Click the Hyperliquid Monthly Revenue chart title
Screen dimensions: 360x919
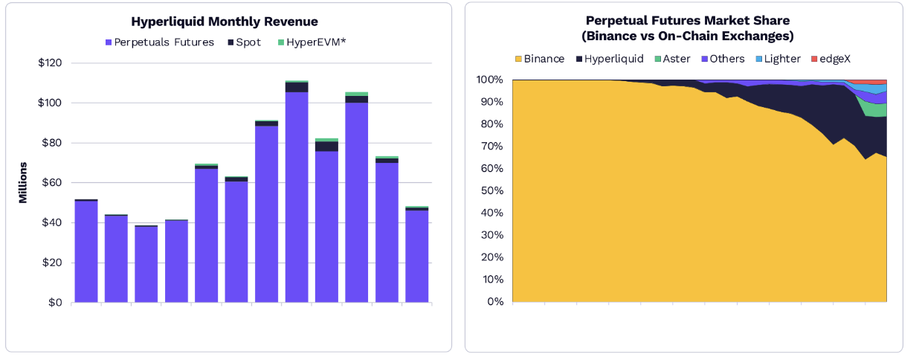pyautogui.click(x=224, y=22)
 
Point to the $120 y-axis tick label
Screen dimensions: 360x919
pyautogui.click(x=51, y=63)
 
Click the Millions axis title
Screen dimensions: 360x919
pyautogui.click(x=23, y=182)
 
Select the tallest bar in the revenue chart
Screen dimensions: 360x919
pyautogui.click(x=297, y=193)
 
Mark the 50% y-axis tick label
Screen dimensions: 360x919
pyautogui.click(x=492, y=190)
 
